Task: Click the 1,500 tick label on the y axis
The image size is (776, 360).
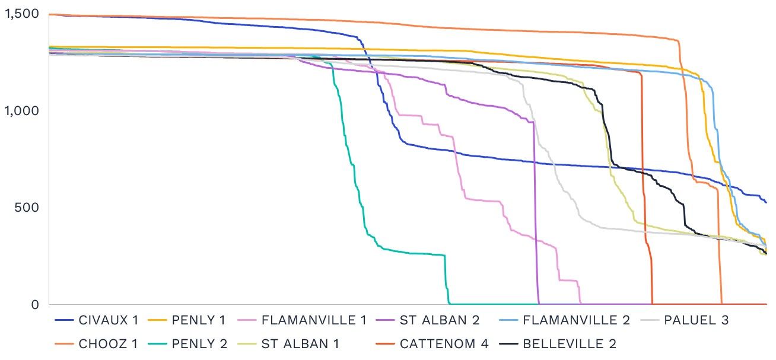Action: [x=21, y=14]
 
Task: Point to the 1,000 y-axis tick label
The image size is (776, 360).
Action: [x=21, y=111]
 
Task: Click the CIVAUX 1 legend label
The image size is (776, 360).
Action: [x=108, y=321]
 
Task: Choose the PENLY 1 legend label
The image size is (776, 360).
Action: [x=199, y=321]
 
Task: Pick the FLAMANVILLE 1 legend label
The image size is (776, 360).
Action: [x=314, y=321]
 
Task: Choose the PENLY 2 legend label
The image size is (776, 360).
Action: [x=200, y=344]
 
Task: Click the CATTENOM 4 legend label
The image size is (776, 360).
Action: [x=444, y=344]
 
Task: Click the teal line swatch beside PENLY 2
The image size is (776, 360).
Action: [x=157, y=344]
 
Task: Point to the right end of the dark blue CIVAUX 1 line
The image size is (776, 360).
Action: [x=766, y=202]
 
